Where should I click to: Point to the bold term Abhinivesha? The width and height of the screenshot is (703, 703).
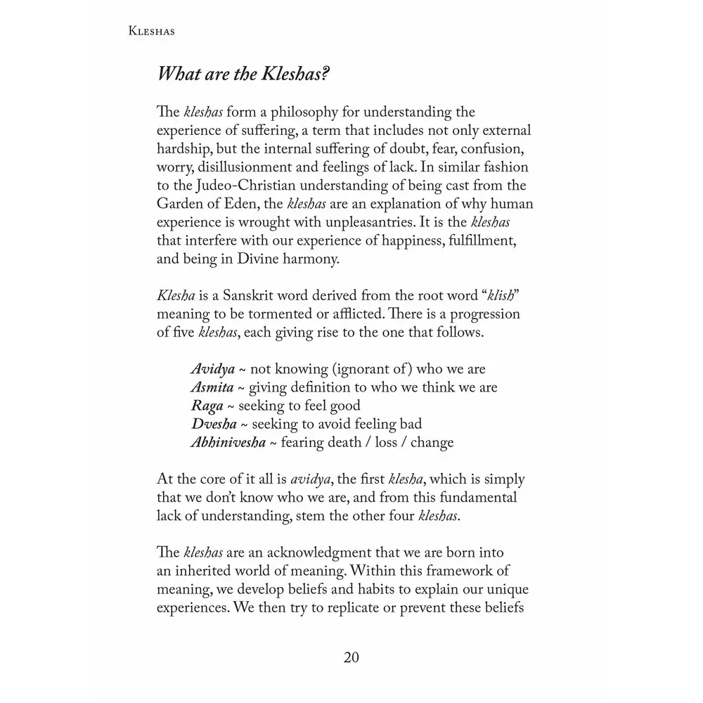click(228, 442)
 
